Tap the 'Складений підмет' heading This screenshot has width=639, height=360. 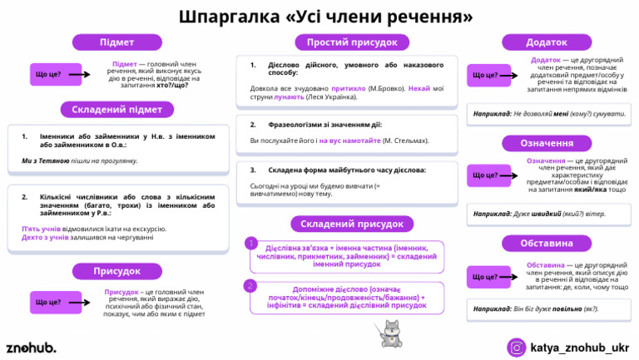116,109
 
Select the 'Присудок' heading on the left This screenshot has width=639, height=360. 116,270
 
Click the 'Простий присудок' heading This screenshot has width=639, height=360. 352,42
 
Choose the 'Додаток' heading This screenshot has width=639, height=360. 547,42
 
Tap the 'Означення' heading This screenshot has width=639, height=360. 547,143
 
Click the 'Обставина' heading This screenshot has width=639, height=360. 547,244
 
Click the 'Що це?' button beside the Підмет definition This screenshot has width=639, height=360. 49,75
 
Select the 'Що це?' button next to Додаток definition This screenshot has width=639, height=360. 485,75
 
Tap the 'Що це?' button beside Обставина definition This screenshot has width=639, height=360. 485,276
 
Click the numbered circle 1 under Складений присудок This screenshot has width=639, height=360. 250,244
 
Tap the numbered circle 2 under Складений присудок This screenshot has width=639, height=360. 250,285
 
